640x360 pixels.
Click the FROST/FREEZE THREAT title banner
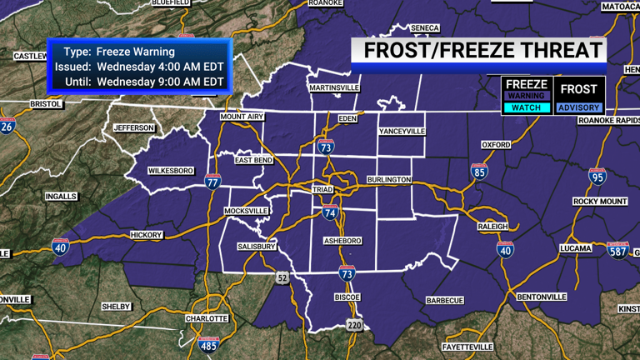481,50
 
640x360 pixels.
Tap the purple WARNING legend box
527,96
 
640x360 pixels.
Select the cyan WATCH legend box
527,107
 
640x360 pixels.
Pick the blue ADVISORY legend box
579,107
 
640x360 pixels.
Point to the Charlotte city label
207,318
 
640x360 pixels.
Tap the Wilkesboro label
171,171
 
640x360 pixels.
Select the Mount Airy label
242,117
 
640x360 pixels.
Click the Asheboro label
342,241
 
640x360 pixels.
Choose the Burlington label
389,180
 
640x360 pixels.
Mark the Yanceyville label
402,132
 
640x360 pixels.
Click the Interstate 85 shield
479,172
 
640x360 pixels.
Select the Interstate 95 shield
597,177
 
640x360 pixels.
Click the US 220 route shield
355,324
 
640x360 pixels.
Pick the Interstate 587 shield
617,250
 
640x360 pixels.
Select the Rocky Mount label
600,202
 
